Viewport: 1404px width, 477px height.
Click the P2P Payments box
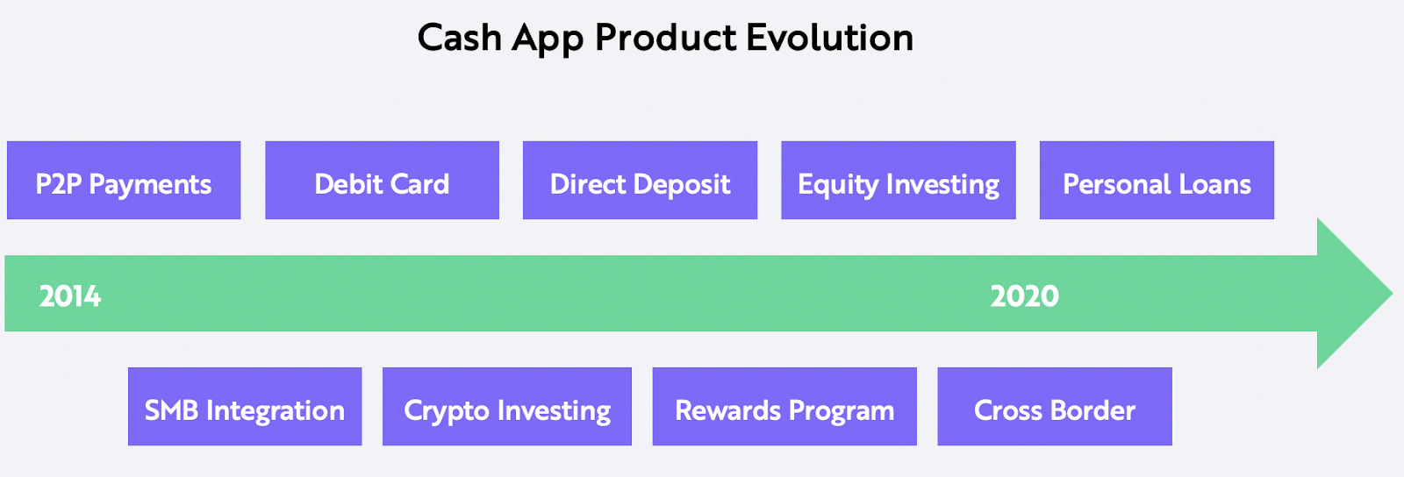(124, 181)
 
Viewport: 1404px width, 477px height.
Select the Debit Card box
(382, 181)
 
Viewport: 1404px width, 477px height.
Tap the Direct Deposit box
(640, 181)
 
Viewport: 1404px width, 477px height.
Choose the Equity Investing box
(898, 181)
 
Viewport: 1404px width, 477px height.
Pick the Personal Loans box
(1157, 181)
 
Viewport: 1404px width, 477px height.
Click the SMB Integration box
(245, 407)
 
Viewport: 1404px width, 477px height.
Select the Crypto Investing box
(507, 407)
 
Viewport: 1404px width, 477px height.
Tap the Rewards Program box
(784, 407)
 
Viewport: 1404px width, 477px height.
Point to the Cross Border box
(1055, 407)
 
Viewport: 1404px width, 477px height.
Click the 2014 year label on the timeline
(70, 296)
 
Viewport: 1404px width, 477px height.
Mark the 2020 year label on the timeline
(1024, 296)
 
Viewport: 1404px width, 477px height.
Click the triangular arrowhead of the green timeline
(1351, 294)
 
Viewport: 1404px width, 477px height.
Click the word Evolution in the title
(829, 38)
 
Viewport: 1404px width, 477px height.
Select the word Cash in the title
(459, 38)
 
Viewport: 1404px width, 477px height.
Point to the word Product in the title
(666, 38)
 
